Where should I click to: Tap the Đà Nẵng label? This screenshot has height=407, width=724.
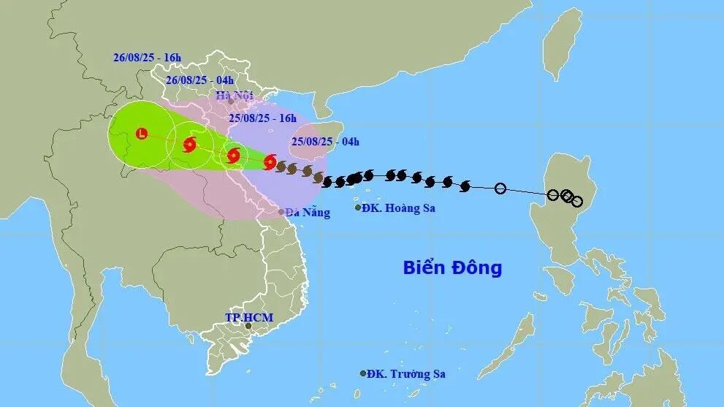point(308,213)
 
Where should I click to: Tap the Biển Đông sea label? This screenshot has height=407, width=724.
point(452,267)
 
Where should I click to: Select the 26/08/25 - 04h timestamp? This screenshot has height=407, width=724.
point(199,80)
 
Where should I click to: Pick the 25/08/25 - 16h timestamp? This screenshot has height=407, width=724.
point(262,118)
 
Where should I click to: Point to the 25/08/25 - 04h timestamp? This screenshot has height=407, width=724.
point(325,141)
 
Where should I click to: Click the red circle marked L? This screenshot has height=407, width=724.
point(141,133)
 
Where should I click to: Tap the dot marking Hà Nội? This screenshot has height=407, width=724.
point(231,102)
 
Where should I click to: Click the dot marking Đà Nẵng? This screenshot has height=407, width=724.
point(282,212)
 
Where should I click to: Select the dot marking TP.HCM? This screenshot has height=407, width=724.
point(248,326)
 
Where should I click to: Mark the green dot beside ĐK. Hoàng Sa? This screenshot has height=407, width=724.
point(358,208)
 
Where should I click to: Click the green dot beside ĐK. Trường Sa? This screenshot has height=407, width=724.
point(363,373)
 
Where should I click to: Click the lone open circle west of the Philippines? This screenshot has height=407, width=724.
point(500,189)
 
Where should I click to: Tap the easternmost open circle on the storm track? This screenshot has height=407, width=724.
point(577,202)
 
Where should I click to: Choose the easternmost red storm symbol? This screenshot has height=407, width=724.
point(270,162)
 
